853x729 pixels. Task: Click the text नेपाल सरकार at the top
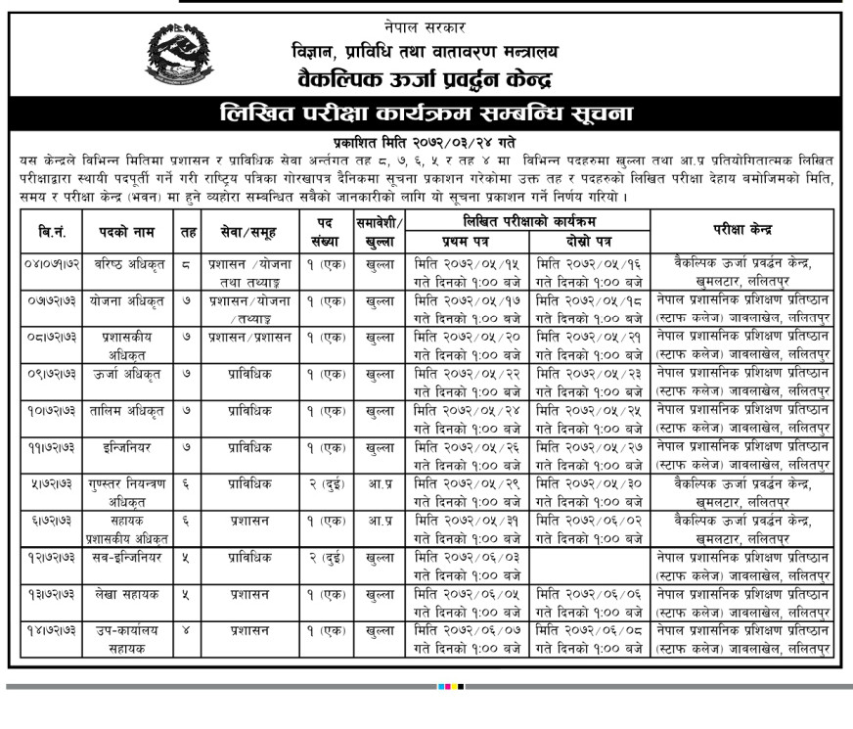426,26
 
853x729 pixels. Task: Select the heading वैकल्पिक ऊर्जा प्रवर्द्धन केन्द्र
426,75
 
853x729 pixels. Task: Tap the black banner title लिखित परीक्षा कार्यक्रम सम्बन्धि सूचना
426,113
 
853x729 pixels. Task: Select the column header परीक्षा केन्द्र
742,231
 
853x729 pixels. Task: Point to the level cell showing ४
188,631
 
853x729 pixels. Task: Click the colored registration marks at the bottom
451,687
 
